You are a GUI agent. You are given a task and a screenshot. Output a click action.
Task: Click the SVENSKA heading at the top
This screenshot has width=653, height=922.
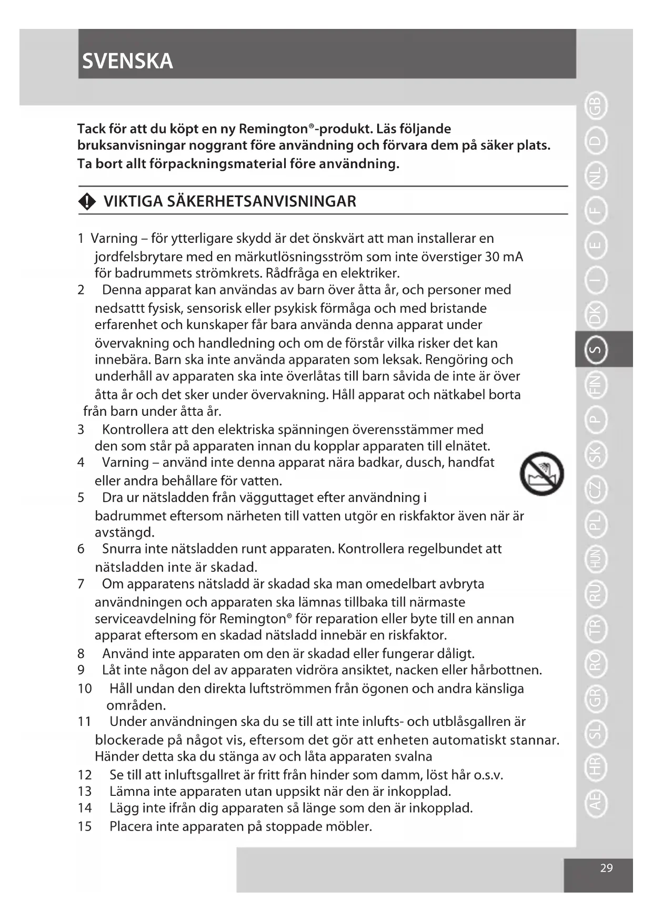[x=127, y=62]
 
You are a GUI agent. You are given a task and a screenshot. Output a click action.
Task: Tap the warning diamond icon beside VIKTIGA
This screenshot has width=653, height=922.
[x=87, y=202]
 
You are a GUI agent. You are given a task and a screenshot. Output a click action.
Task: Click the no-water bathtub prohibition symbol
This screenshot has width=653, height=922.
[x=541, y=474]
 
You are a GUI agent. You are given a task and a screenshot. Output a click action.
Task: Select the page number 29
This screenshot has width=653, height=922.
[x=606, y=868]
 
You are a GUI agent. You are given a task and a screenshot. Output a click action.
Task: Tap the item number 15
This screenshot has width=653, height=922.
[x=84, y=826]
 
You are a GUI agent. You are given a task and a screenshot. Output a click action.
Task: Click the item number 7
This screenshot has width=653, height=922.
[x=81, y=584]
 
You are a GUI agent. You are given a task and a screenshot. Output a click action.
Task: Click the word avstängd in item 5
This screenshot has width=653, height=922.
[x=124, y=532]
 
